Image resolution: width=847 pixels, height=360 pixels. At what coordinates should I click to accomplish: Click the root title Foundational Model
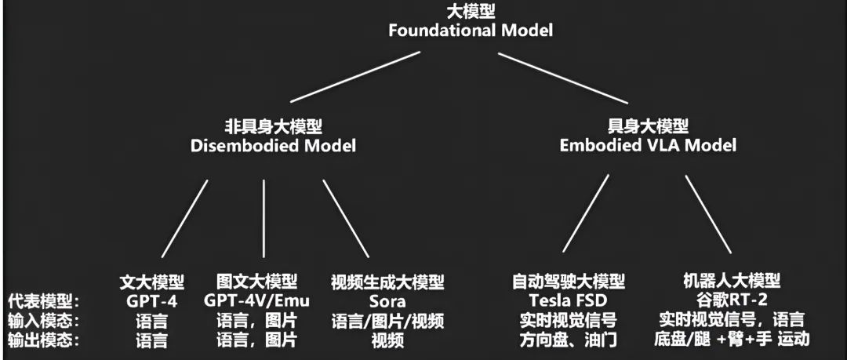tap(470, 31)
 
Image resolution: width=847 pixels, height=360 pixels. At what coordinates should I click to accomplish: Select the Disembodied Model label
tap(273, 145)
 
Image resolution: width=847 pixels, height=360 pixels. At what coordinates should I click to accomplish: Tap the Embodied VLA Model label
tap(648, 145)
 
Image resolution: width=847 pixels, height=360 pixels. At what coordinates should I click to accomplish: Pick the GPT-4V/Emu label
tap(257, 300)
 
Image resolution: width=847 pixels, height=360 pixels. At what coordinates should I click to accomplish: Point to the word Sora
tap(387, 300)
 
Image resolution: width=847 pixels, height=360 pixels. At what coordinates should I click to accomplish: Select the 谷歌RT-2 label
tap(731, 300)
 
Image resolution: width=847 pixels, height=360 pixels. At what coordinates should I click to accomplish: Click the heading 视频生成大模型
tap(387, 281)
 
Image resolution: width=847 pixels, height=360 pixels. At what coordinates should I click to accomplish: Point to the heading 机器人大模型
tap(731, 281)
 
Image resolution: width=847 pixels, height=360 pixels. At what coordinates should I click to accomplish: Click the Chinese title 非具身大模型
tap(273, 126)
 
